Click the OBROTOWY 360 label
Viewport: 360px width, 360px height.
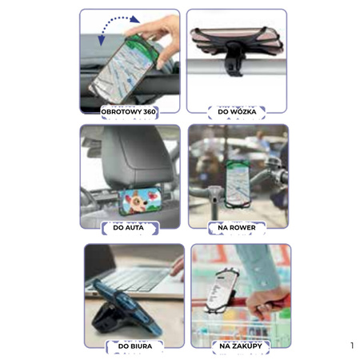point(129,112)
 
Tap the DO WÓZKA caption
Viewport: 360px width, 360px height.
point(237,112)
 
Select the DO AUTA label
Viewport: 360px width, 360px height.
point(129,228)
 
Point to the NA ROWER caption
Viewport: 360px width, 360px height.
point(237,228)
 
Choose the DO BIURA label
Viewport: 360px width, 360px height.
point(135,346)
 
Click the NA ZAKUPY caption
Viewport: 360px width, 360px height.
point(241,346)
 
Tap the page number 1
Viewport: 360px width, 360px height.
point(352,346)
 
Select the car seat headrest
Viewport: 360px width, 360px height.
point(137,155)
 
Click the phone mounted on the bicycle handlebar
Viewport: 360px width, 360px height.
point(238,184)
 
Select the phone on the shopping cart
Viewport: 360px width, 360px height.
point(221,290)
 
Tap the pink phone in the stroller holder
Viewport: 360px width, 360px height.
point(237,41)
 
